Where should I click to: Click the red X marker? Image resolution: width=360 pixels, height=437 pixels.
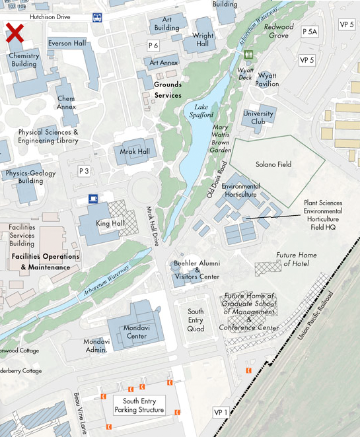[x=15, y=31]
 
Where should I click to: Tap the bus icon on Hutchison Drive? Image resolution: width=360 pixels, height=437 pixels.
[x=96, y=18]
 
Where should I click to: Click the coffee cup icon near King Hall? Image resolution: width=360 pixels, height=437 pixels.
[x=94, y=199]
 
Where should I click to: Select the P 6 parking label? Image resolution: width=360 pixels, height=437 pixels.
[x=154, y=46]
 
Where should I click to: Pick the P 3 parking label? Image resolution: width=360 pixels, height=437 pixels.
[x=84, y=171]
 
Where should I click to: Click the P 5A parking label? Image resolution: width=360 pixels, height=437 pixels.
[x=310, y=31]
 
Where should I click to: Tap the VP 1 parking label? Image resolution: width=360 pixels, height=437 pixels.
[x=221, y=413]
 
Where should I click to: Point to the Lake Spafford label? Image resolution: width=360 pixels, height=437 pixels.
[x=202, y=111]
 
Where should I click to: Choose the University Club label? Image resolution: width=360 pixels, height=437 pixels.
[x=258, y=117]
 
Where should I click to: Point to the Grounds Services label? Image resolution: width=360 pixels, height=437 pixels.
[x=168, y=90]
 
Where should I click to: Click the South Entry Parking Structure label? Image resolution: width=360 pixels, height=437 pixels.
[x=139, y=405]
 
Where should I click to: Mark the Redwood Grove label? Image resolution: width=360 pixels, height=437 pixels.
[x=278, y=31]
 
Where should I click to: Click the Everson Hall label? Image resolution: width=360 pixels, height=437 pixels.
[x=67, y=43]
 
